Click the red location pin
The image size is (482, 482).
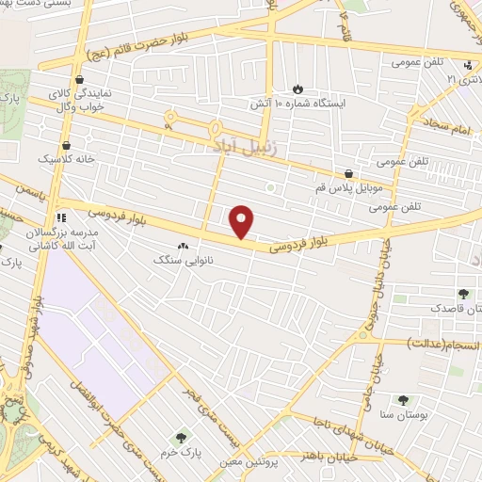pyautogui.click(x=242, y=221)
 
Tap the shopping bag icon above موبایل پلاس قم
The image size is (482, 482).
pyautogui.click(x=350, y=173)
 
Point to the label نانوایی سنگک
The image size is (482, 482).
pyautogui.click(x=184, y=258)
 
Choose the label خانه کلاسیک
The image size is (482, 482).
pyautogui.click(x=66, y=159)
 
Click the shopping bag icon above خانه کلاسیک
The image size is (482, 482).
pyautogui.click(x=67, y=145)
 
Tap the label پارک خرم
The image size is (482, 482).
pyautogui.click(x=180, y=452)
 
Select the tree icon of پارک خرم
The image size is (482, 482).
pyautogui.click(x=180, y=437)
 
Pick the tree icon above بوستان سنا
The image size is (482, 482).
pyautogui.click(x=404, y=400)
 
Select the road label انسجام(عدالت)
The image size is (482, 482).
pyautogui.click(x=442, y=345)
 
